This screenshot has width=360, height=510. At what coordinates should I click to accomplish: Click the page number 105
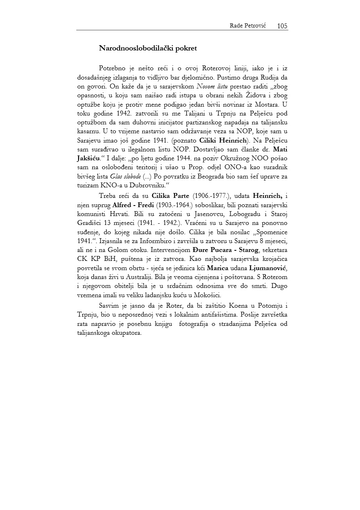pos(282,26)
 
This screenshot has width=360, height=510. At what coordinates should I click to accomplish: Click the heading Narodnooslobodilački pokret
pos(148,48)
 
